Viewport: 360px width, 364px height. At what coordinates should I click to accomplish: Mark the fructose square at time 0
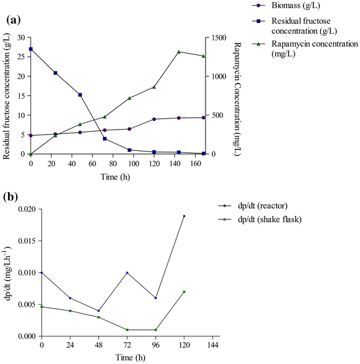31,49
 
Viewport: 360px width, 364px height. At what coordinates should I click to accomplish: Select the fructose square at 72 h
105,139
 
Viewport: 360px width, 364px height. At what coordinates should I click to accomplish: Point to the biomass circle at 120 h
154,119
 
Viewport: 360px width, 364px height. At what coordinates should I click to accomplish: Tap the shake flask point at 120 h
184,292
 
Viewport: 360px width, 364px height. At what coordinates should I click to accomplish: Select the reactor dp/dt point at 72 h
127,273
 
